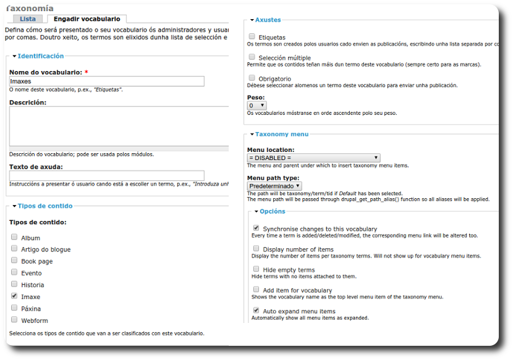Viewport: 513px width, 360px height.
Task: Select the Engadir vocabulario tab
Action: (x=87, y=19)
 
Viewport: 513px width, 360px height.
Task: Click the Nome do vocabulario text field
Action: (x=107, y=81)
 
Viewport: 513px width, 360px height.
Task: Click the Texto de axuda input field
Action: (x=107, y=175)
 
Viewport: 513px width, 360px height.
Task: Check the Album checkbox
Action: (x=14, y=237)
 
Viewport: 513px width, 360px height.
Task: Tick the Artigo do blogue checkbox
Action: (x=14, y=249)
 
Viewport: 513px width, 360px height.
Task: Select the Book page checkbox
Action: (x=14, y=261)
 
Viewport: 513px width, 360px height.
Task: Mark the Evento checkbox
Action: (x=14, y=272)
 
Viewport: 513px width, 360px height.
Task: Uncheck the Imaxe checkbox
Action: (x=14, y=296)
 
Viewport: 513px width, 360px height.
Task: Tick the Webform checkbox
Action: (x=14, y=320)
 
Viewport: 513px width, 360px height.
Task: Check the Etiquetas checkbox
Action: (x=252, y=36)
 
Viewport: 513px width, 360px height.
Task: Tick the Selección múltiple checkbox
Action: (x=252, y=57)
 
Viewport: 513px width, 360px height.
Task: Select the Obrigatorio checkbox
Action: (x=252, y=78)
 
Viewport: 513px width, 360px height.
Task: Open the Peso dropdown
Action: (x=256, y=106)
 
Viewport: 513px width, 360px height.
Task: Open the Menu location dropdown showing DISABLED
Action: (x=313, y=158)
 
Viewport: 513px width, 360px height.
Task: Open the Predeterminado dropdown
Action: (x=274, y=185)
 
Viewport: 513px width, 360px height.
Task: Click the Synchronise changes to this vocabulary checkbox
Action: (x=256, y=228)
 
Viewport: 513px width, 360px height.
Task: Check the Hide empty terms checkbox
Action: (x=256, y=269)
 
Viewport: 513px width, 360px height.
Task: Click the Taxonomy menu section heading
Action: (x=281, y=134)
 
